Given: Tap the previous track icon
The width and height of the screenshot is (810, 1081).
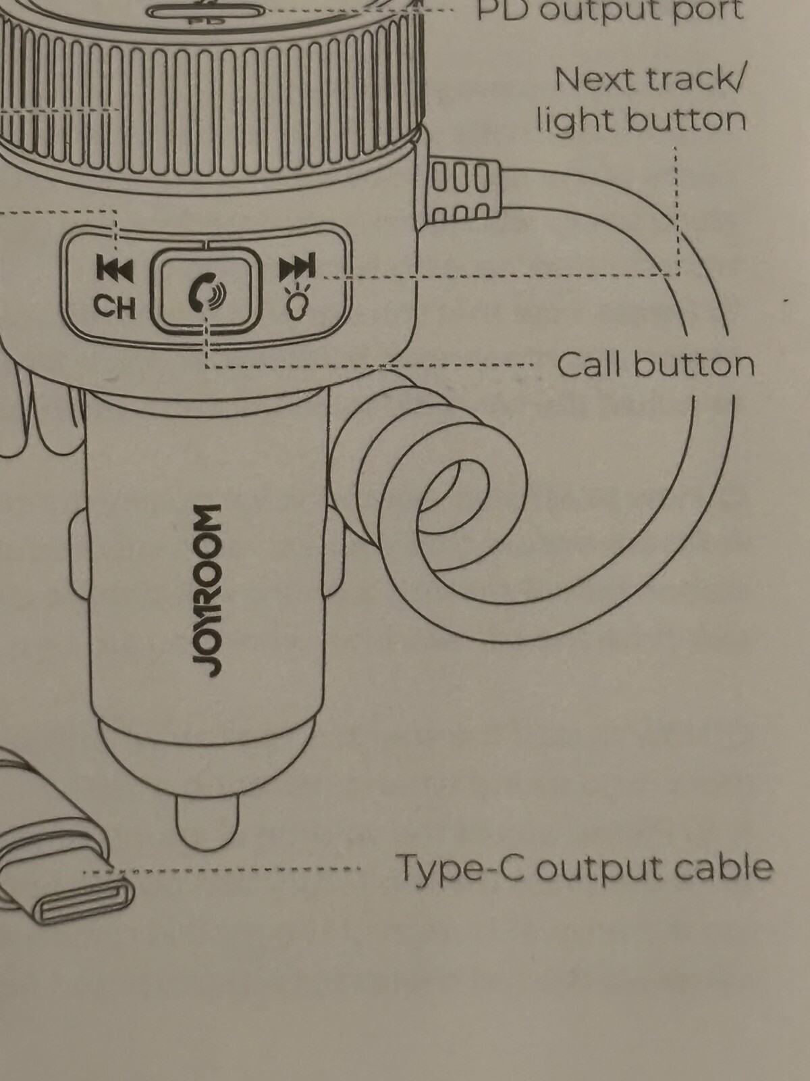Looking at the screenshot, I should pos(115,269).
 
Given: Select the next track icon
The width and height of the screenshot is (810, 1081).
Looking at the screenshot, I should pos(297,268).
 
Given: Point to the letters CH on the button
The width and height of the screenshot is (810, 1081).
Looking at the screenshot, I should pos(115,307).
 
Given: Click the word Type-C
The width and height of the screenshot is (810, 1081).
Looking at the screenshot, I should pos(459,868).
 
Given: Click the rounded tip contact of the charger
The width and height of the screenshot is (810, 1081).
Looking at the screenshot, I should pos(207,823).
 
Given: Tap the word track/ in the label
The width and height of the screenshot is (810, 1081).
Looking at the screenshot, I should pos(695,80).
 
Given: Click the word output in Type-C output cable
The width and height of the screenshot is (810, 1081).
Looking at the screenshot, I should pos(594,868).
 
